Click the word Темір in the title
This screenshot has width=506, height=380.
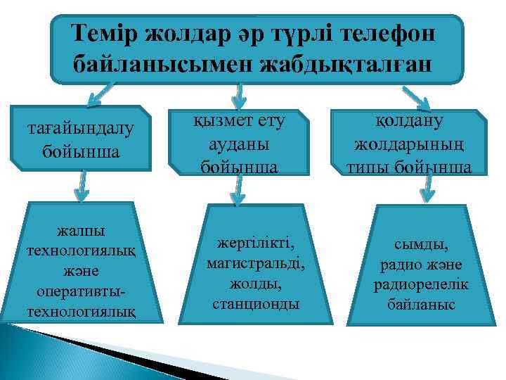tap(105, 34)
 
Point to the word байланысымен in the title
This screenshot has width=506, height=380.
tap(163, 65)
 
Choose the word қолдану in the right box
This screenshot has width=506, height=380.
tap(419, 121)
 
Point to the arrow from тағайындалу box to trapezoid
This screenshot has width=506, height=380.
tap(82, 186)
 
